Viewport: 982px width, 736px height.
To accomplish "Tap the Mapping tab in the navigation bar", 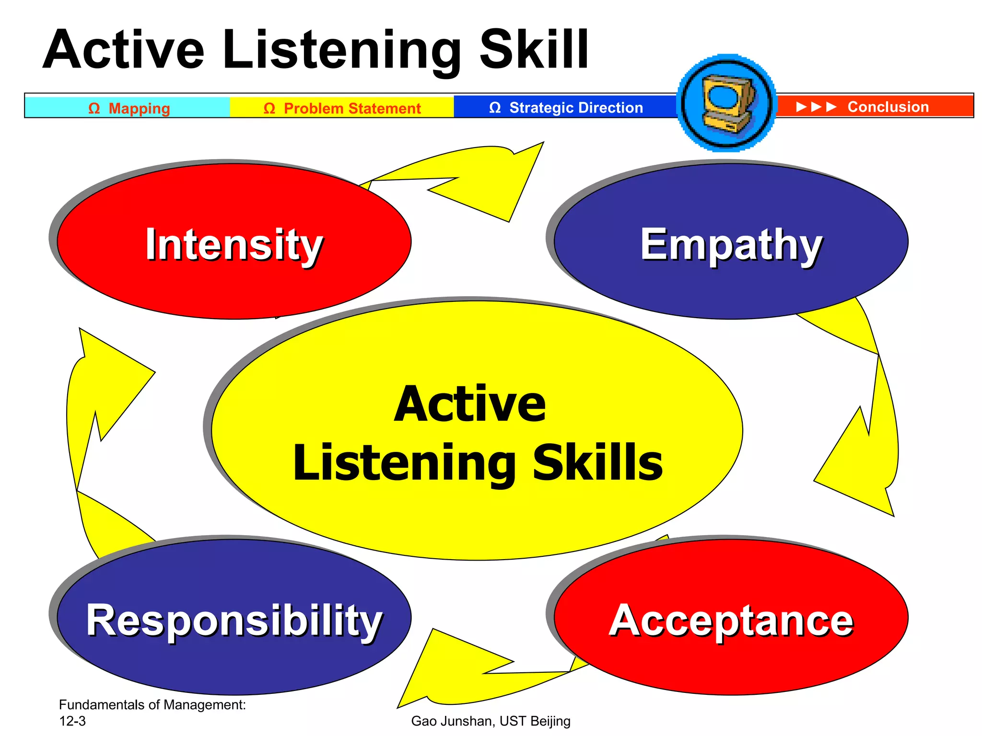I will point(129,108).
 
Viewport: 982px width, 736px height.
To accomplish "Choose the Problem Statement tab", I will point(342,108).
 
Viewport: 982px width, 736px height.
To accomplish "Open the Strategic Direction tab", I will point(566,107).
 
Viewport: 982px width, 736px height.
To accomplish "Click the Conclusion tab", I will point(888,106).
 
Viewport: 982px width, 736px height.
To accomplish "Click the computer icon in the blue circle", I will point(727,103).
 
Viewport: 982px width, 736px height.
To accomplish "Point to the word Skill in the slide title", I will point(534,50).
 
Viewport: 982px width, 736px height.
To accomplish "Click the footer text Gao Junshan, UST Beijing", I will point(491,721).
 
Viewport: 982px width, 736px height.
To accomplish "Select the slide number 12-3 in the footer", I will point(72,721).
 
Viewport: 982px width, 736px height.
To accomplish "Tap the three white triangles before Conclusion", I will point(816,106).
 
